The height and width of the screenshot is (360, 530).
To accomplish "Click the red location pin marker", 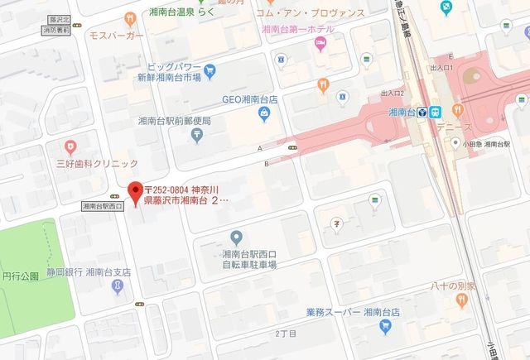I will point(132,191).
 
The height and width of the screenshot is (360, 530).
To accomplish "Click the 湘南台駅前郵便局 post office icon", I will point(195,136).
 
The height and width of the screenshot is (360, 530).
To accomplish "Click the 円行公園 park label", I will point(21,276).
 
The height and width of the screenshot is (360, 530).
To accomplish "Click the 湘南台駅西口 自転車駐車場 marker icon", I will point(235,238).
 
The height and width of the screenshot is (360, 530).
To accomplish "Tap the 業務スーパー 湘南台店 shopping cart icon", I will point(383,327).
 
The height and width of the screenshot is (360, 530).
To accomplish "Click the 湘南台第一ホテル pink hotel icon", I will point(320,43).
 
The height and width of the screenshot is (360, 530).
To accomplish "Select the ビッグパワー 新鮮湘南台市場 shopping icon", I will point(210,70).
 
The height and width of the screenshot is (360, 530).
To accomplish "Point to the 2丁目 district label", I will point(285,334).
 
